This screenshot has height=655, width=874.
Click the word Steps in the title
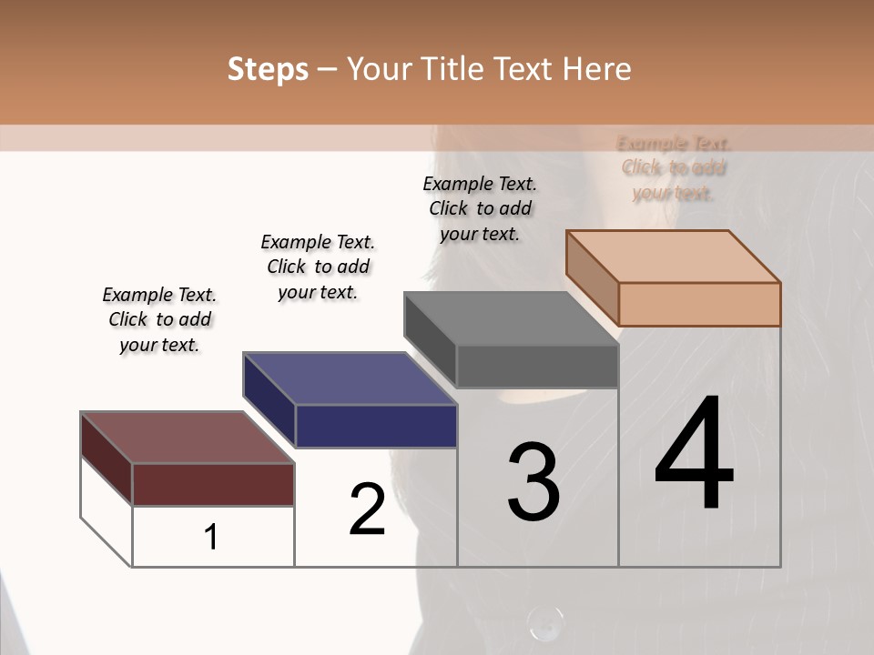pyautogui.click(x=268, y=69)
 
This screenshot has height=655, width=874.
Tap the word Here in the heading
pyautogui.click(x=597, y=69)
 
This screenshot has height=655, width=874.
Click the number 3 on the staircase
pyautogui.click(x=534, y=482)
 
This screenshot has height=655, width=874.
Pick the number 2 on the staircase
pyautogui.click(x=367, y=509)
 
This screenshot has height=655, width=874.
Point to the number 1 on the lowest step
pyautogui.click(x=211, y=538)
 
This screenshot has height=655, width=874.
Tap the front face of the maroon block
pyautogui.click(x=213, y=484)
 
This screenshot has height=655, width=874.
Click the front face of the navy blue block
pyautogui.click(x=376, y=426)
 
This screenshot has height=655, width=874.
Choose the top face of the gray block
pyautogui.click(x=510, y=318)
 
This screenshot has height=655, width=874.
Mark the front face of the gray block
pyautogui.click(x=537, y=367)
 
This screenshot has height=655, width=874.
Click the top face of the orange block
pyautogui.click(x=673, y=256)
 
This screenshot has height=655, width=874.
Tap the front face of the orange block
pyautogui.click(x=699, y=304)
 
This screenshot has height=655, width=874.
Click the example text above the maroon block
pyautogui.click(x=159, y=319)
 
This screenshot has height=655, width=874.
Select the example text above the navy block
pyautogui.click(x=318, y=267)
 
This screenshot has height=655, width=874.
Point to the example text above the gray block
pyautogui.click(x=480, y=208)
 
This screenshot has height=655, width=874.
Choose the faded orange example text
pyautogui.click(x=674, y=167)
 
